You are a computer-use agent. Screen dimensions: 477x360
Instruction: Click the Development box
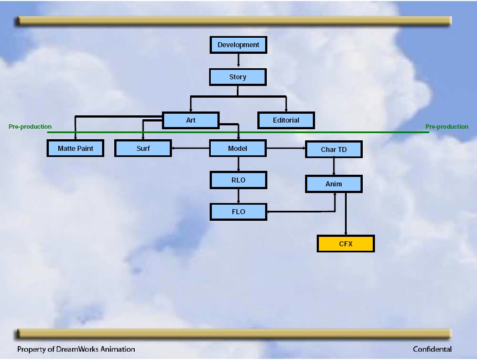[238, 45]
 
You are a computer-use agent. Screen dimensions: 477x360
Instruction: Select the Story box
[238, 77]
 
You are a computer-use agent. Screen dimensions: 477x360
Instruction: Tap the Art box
[191, 120]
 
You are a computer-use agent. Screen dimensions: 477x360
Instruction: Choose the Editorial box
[286, 120]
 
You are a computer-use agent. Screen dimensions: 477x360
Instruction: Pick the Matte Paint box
[75, 148]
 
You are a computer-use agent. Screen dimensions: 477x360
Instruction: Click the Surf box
[143, 148]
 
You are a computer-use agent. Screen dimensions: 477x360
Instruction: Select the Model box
[238, 148]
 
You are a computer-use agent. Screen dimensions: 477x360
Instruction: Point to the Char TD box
[334, 149]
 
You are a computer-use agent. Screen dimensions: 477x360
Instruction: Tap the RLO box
[238, 180]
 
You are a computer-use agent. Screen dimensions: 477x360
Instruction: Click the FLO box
[238, 211]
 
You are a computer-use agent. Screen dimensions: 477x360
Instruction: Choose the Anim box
[334, 184]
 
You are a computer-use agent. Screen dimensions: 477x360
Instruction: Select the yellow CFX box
[346, 244]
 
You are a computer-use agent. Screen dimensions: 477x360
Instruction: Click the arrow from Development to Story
[238, 60]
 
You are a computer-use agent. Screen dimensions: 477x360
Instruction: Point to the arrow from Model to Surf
[190, 148]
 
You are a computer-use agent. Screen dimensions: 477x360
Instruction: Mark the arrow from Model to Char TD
[286, 148]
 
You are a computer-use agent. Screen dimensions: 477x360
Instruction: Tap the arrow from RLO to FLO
[238, 196]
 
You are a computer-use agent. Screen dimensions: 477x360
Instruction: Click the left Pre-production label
[30, 126]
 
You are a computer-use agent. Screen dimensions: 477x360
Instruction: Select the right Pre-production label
[447, 126]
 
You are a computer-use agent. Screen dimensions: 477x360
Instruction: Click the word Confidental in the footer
[432, 349]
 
